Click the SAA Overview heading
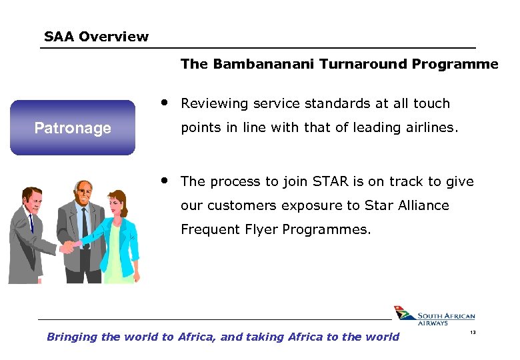96,37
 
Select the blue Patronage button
73,127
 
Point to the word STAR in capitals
331,181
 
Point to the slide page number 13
472,333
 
